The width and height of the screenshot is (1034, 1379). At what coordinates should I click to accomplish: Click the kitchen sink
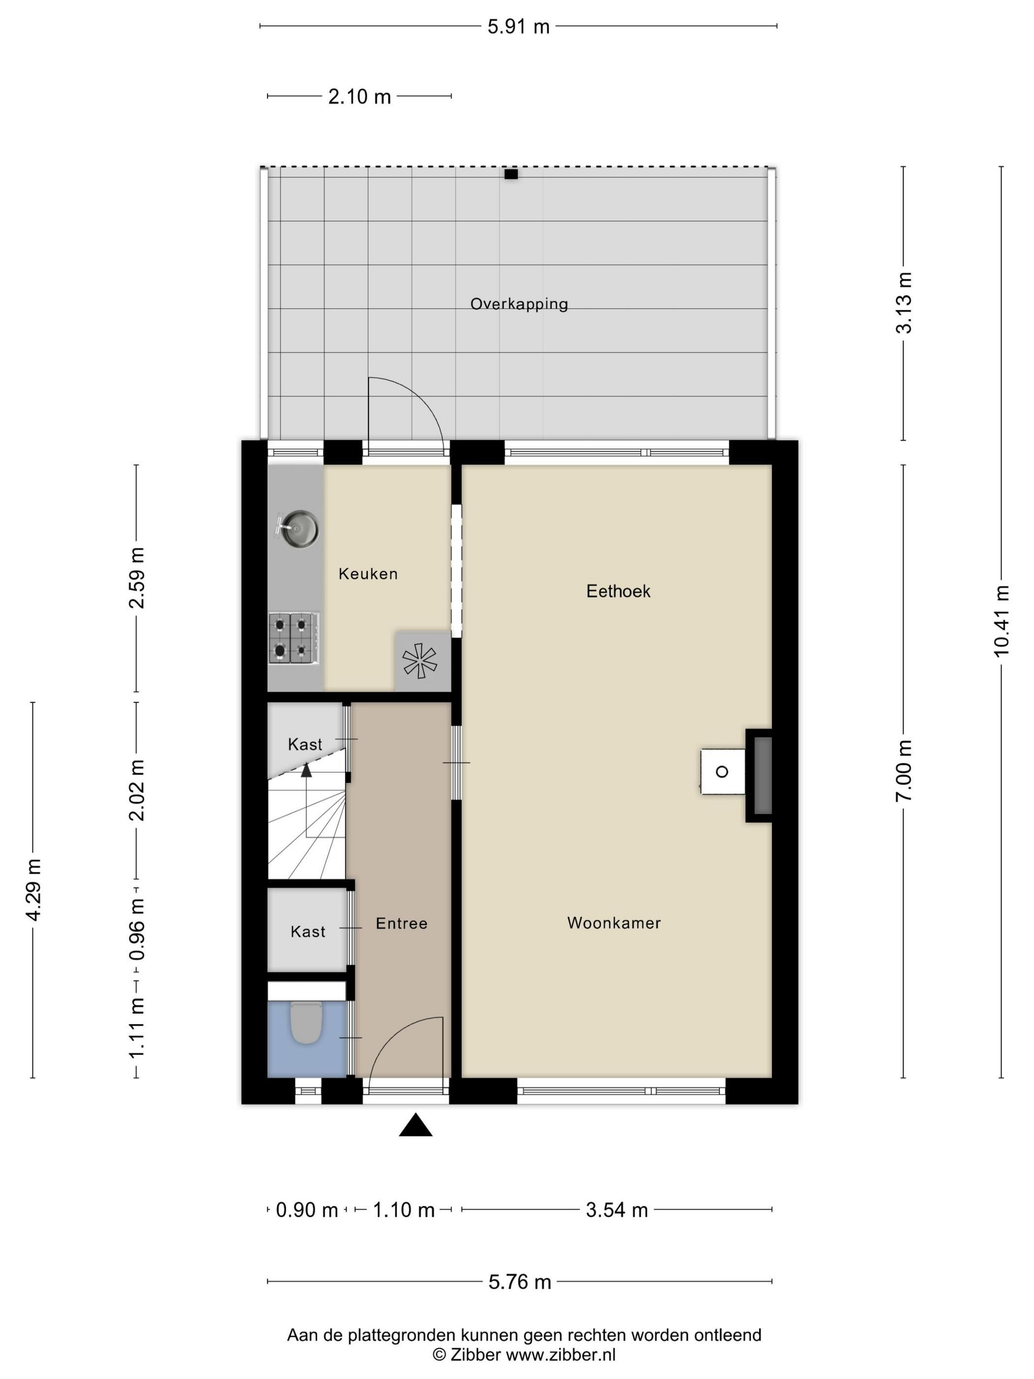pyautogui.click(x=297, y=529)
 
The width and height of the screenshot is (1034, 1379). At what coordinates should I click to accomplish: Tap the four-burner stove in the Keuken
pyautogui.click(x=294, y=638)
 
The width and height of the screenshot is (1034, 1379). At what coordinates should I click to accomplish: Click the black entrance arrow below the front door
pyautogui.click(x=416, y=1125)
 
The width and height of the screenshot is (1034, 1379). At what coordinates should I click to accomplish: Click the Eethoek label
pyautogui.click(x=618, y=591)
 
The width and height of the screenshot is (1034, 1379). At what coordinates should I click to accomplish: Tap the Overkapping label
pyautogui.click(x=519, y=304)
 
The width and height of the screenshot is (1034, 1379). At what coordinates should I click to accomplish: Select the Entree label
pyautogui.click(x=401, y=923)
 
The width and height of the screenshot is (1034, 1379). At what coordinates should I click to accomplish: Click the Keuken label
pyautogui.click(x=368, y=574)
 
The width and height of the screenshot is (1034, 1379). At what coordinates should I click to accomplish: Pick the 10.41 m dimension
pyautogui.click(x=1001, y=621)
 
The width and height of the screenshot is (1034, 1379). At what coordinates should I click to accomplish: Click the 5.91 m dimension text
pyautogui.click(x=518, y=27)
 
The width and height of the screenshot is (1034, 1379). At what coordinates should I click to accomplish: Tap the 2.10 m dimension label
pyautogui.click(x=359, y=97)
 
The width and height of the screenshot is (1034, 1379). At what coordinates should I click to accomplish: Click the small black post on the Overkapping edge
pyautogui.click(x=511, y=174)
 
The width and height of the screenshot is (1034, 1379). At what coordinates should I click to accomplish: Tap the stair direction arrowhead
pyautogui.click(x=306, y=771)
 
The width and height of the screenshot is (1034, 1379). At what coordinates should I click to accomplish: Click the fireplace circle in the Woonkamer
pyautogui.click(x=722, y=772)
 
